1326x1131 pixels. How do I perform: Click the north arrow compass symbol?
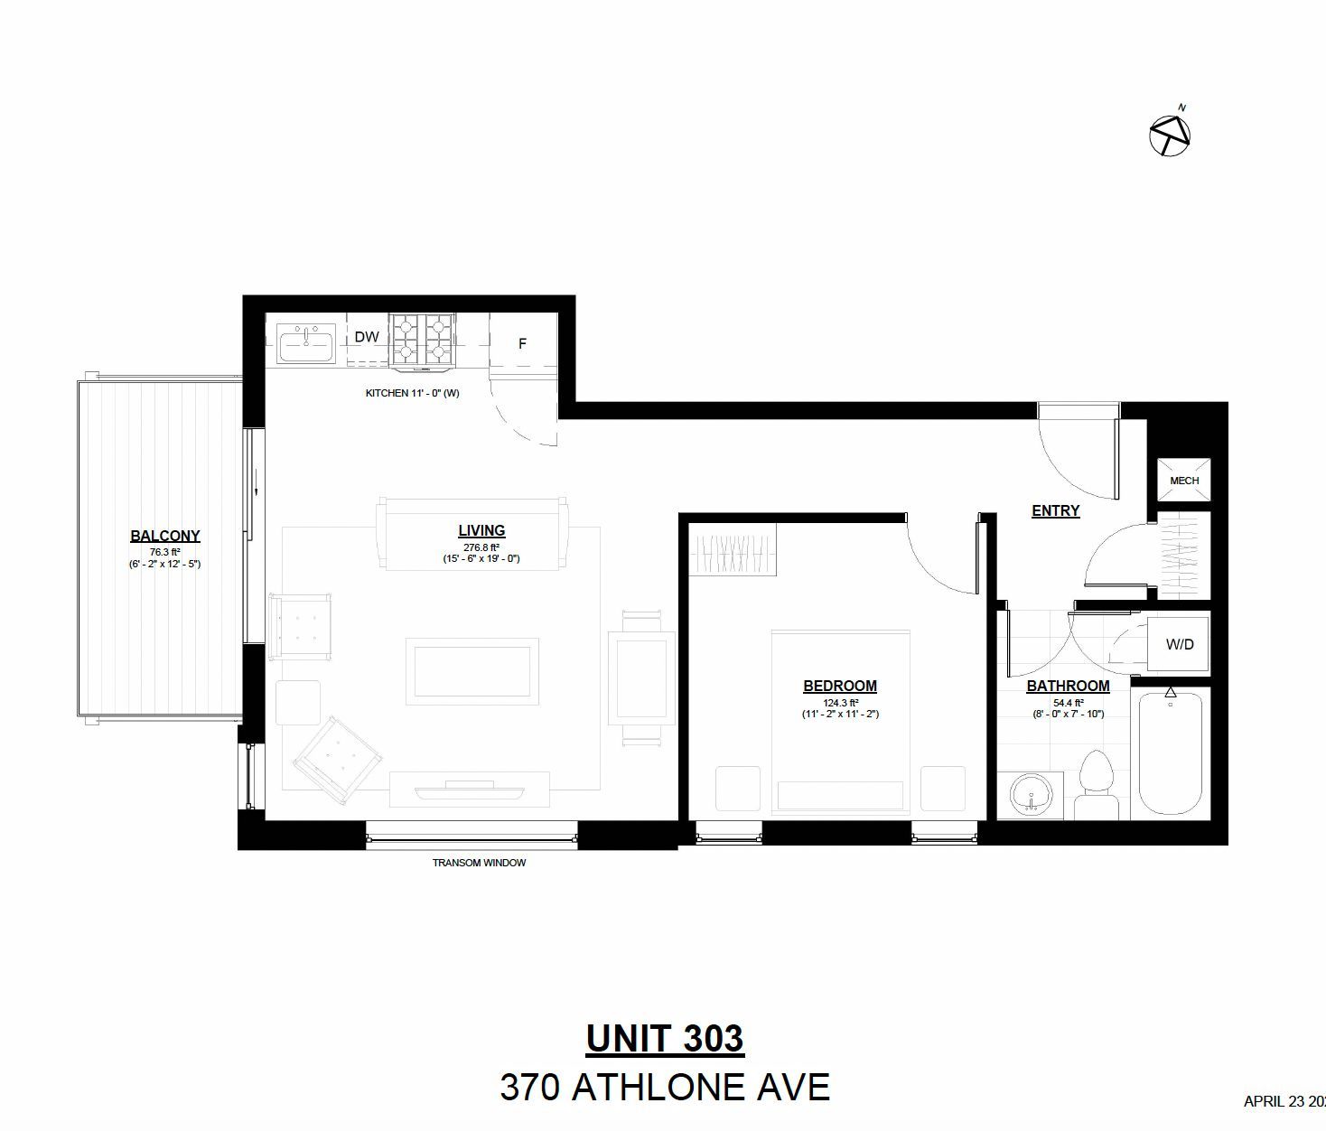tap(1170, 136)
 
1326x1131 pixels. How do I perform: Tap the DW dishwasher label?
tap(367, 337)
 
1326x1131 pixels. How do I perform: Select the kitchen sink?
tap(306, 342)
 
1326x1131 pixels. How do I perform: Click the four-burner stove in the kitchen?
tap(422, 340)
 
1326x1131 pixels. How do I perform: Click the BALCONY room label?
tap(165, 536)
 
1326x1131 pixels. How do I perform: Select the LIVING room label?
tap(481, 530)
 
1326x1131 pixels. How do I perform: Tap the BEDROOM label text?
tap(840, 686)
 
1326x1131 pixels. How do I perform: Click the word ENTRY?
tap(1056, 510)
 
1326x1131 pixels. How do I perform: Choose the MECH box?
tap(1183, 480)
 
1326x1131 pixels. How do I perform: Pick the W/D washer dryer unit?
tap(1179, 644)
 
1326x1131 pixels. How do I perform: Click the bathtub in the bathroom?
tap(1170, 753)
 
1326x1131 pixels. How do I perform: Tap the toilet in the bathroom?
tap(1097, 785)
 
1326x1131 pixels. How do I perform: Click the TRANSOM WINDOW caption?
tap(480, 863)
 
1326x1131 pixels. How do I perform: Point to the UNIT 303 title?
tap(665, 1038)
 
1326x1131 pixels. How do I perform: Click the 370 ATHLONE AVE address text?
tap(665, 1087)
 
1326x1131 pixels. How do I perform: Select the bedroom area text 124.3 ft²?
tap(840, 703)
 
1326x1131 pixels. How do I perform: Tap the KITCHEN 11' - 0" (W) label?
tap(413, 393)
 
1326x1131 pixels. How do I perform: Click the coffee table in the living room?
tap(472, 672)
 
